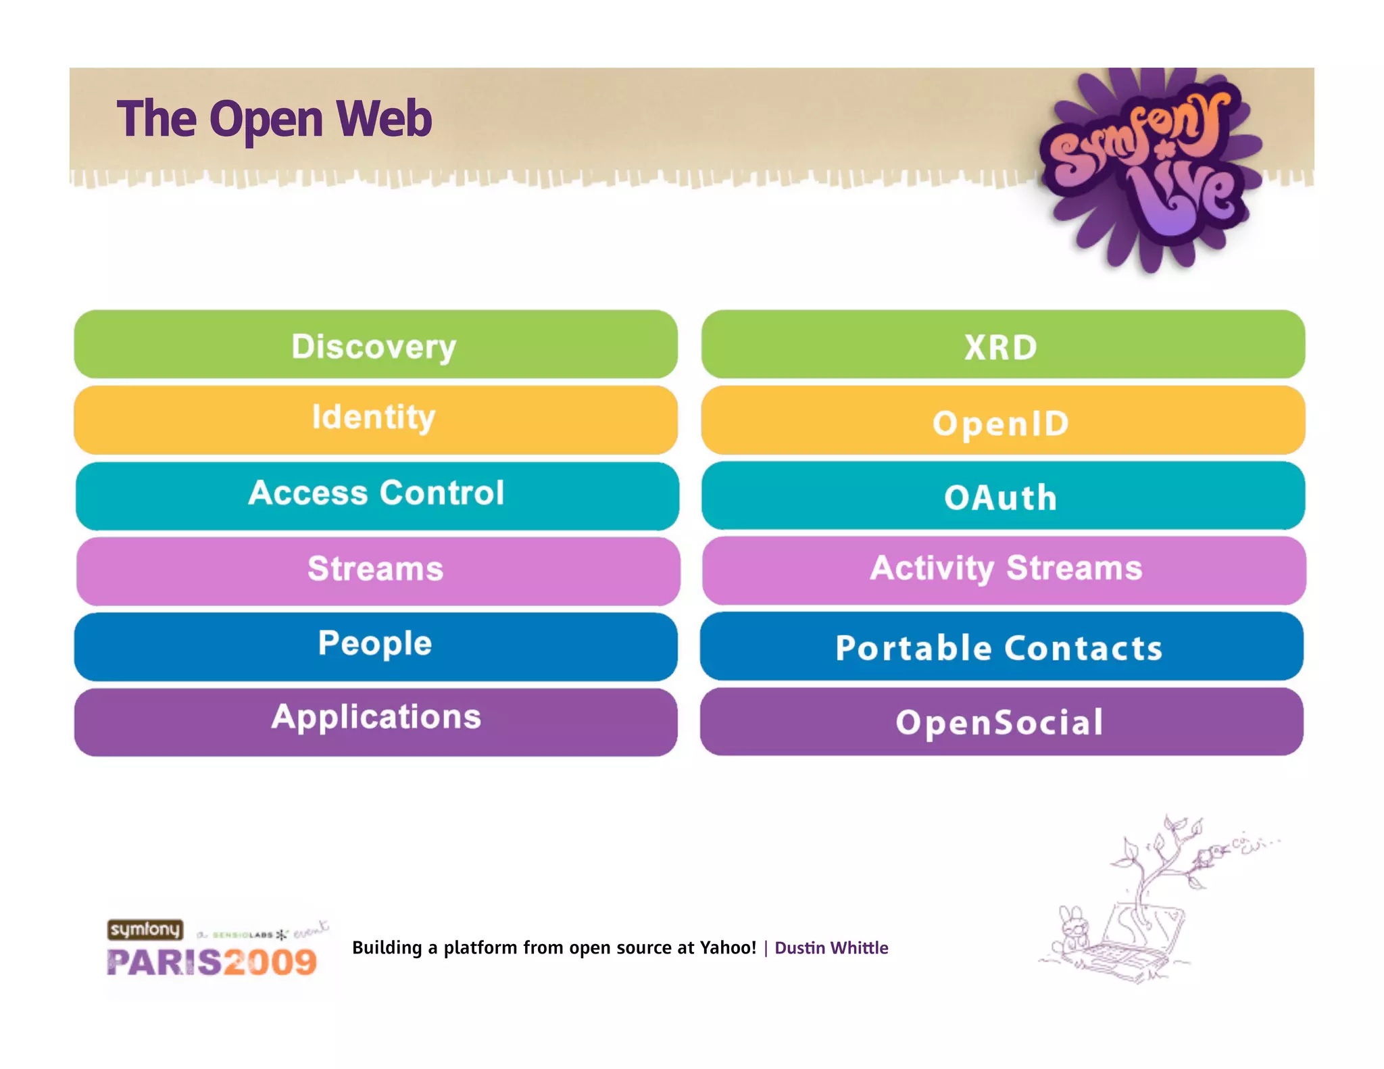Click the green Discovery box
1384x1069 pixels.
[x=375, y=345]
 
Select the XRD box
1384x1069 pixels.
[x=1003, y=345]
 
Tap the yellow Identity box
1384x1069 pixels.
[x=375, y=420]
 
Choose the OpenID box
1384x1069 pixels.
[x=1003, y=420]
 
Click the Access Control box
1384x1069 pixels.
[x=376, y=495]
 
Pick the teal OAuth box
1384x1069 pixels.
[x=1003, y=496]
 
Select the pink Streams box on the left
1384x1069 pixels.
[x=377, y=571]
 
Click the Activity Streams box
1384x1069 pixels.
[x=1004, y=570]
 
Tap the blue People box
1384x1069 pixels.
[x=375, y=646]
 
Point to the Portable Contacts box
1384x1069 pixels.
[x=1002, y=646]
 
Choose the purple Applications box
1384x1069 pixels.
[x=375, y=722]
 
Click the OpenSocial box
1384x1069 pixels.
[x=1002, y=722]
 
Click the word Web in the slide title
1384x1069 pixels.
[x=384, y=119]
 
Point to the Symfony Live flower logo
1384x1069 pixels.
[x=1149, y=169]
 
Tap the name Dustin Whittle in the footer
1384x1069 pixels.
[x=831, y=948]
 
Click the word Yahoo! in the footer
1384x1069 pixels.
[x=728, y=947]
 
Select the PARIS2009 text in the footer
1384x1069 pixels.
[x=212, y=962]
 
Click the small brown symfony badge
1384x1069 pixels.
[x=145, y=930]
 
